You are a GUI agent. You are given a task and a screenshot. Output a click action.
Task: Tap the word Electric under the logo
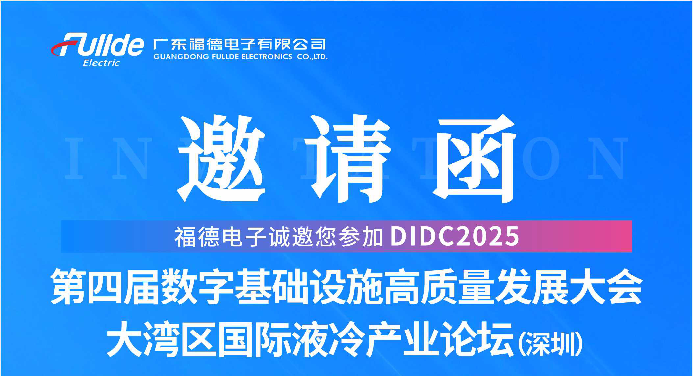[x=101, y=63]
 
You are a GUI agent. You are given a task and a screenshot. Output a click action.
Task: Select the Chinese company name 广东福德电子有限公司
[x=240, y=44]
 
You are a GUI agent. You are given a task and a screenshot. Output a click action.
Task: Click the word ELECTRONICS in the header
[x=267, y=57]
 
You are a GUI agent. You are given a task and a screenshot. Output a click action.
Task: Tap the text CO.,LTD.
[x=312, y=57]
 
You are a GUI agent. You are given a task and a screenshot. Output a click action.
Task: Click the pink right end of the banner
[x=619, y=237]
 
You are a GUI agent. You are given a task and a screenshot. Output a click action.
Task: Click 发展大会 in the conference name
[x=569, y=286]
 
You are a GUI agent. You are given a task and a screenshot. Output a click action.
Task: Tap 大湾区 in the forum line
[x=161, y=339]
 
